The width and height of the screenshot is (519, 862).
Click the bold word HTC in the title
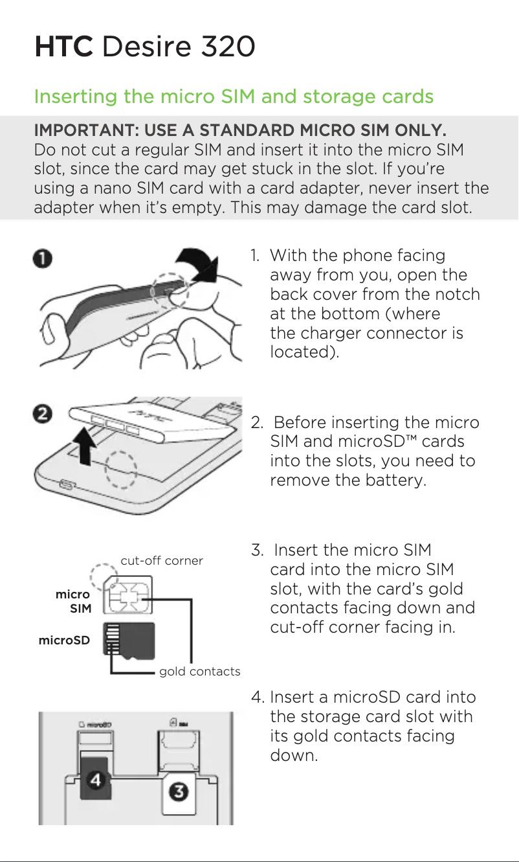(64, 47)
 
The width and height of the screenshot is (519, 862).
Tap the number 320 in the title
(228, 47)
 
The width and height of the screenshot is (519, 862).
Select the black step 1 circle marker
(42, 258)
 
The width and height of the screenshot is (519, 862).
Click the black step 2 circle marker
(42, 414)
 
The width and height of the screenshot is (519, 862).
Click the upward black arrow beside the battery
(85, 446)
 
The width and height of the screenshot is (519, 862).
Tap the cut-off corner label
(162, 561)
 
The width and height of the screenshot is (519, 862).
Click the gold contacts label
(200, 672)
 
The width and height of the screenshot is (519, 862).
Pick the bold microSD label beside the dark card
(64, 641)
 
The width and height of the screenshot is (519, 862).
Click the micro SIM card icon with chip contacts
(127, 595)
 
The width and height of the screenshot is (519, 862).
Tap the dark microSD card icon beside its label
(129, 641)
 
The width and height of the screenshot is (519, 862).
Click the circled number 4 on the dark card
(96, 780)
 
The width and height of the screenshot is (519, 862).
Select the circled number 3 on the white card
(179, 792)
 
